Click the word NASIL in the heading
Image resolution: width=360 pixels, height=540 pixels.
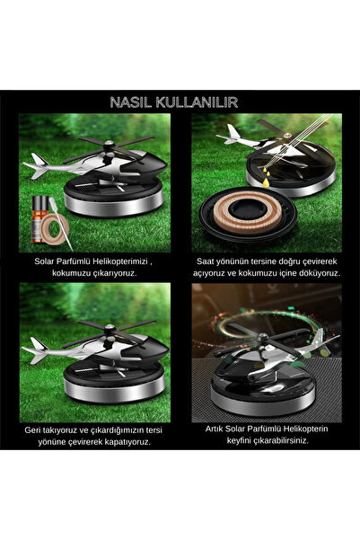[131, 102]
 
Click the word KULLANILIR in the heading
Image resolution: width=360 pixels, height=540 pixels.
[197, 102]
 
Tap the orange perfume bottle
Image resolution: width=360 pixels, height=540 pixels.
[39, 218]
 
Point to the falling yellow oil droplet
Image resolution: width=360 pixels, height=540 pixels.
[266, 182]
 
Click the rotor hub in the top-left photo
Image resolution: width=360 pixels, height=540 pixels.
[110, 145]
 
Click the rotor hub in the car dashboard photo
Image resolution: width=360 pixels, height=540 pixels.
[263, 339]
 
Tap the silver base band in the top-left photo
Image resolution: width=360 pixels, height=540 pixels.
[114, 205]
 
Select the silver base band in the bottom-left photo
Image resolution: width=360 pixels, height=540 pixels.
[114, 390]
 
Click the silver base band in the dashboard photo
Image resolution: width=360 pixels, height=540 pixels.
[263, 402]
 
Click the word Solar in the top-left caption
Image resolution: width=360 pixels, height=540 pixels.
[43, 261]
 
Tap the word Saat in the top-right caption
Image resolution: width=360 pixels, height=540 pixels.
[205, 261]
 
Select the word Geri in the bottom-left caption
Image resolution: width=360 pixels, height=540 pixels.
[32, 430]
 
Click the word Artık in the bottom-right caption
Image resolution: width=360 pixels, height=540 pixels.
[214, 429]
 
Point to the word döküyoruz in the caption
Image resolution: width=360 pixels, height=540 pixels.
[318, 273]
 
